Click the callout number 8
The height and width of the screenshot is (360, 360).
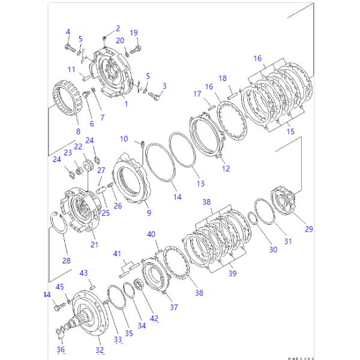coord(77,131)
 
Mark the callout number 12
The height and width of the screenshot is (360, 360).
coord(226,169)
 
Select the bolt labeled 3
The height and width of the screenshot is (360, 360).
coord(154,94)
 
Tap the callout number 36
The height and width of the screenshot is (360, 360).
coord(61,349)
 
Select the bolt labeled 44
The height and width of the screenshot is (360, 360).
coord(57,308)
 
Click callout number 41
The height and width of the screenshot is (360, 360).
coord(117,253)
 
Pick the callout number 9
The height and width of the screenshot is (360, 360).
coord(148,212)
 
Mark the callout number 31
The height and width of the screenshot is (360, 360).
coord(288,241)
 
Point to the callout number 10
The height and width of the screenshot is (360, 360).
coord(124,139)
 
